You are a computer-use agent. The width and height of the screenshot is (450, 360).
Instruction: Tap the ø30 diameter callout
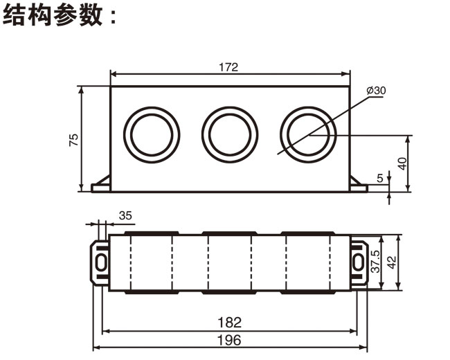click(376, 91)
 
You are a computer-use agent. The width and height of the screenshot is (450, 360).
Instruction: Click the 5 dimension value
click(380, 178)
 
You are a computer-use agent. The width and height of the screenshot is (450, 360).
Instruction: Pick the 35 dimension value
click(125, 215)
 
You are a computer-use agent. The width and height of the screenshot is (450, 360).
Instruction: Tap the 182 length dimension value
click(229, 322)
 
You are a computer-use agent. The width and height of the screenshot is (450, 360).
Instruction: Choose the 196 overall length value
click(229, 340)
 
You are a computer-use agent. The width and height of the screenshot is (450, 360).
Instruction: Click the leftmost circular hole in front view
click(152, 133)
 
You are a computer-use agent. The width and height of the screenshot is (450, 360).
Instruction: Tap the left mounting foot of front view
click(101, 183)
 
